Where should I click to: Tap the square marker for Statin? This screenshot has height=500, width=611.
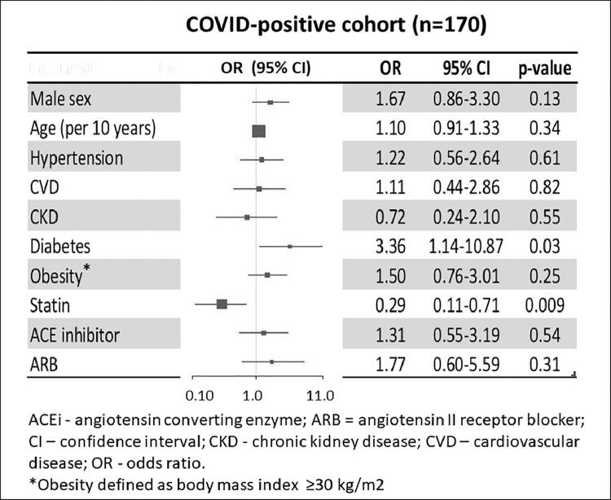222,305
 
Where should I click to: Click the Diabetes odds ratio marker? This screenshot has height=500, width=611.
290,245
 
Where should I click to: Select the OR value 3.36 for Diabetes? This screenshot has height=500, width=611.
390,246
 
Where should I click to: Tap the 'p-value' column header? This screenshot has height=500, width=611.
545,69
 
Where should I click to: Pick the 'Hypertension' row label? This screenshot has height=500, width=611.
77,158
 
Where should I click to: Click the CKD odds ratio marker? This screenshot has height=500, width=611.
247,217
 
